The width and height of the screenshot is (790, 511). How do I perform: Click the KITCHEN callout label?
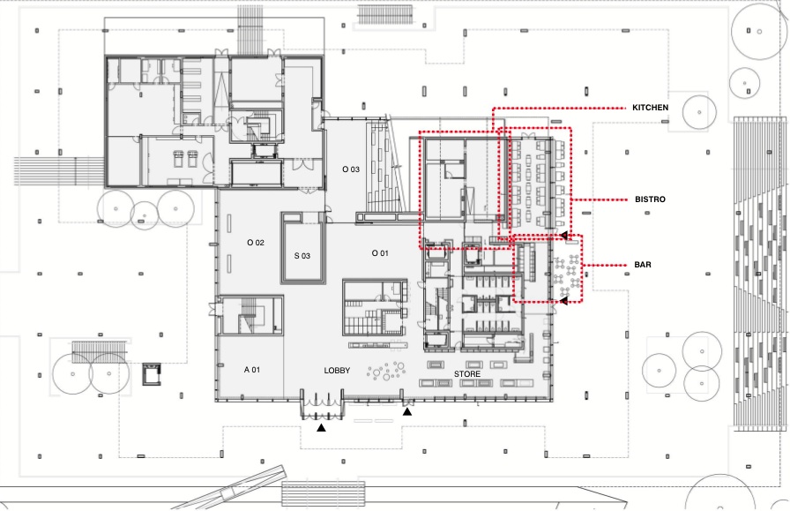tap(651, 108)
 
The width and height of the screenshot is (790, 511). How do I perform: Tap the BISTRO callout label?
tap(650, 199)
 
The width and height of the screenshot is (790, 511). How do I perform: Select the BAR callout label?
tap(643, 265)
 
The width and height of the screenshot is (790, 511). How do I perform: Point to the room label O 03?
tap(351, 169)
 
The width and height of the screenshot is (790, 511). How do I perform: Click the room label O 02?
tap(256, 243)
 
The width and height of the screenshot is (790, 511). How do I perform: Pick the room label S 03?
tap(302, 256)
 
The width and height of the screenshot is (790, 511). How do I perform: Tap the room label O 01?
tap(380, 253)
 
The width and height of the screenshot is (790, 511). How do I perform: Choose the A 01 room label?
tap(252, 370)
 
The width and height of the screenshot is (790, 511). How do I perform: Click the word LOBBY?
tap(337, 371)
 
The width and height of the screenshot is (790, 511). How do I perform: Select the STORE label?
tap(467, 374)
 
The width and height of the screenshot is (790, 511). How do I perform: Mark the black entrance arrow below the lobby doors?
tap(321, 428)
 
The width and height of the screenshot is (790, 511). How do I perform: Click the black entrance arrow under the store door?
tap(407, 412)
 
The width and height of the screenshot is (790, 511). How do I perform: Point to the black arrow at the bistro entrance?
tap(564, 235)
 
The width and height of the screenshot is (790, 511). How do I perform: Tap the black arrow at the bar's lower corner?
tap(564, 301)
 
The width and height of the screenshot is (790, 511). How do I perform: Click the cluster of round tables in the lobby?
tap(387, 372)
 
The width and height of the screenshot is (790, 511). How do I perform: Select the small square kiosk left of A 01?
tap(152, 374)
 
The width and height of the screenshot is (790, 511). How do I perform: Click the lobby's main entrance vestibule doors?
tap(322, 404)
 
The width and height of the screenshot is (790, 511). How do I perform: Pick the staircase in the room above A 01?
tap(250, 315)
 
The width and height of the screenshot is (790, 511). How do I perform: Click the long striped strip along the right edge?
tap(760, 273)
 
